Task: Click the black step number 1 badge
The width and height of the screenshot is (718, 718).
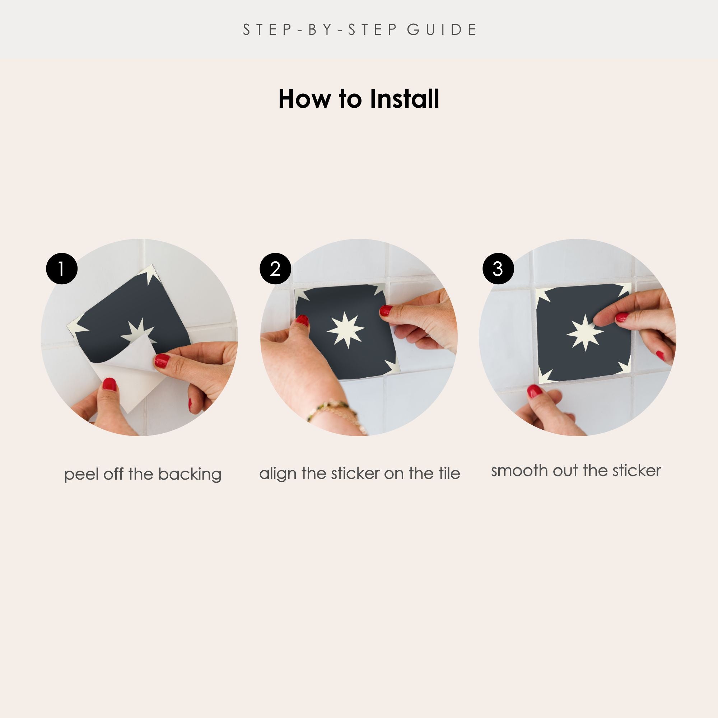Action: tap(62, 269)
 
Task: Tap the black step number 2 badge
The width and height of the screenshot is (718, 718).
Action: tap(275, 269)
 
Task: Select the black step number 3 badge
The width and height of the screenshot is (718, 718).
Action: tap(498, 269)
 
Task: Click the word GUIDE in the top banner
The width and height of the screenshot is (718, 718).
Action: tap(442, 30)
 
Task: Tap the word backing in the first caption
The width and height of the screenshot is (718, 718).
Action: tap(190, 475)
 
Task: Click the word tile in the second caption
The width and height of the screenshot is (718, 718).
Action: tap(449, 473)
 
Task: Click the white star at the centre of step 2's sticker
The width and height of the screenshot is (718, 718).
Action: tap(346, 330)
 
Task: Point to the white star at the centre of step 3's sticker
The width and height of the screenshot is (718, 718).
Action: tap(585, 333)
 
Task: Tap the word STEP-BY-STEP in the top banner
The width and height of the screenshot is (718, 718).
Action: tap(320, 30)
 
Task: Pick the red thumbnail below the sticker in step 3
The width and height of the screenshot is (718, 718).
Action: tap(535, 391)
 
